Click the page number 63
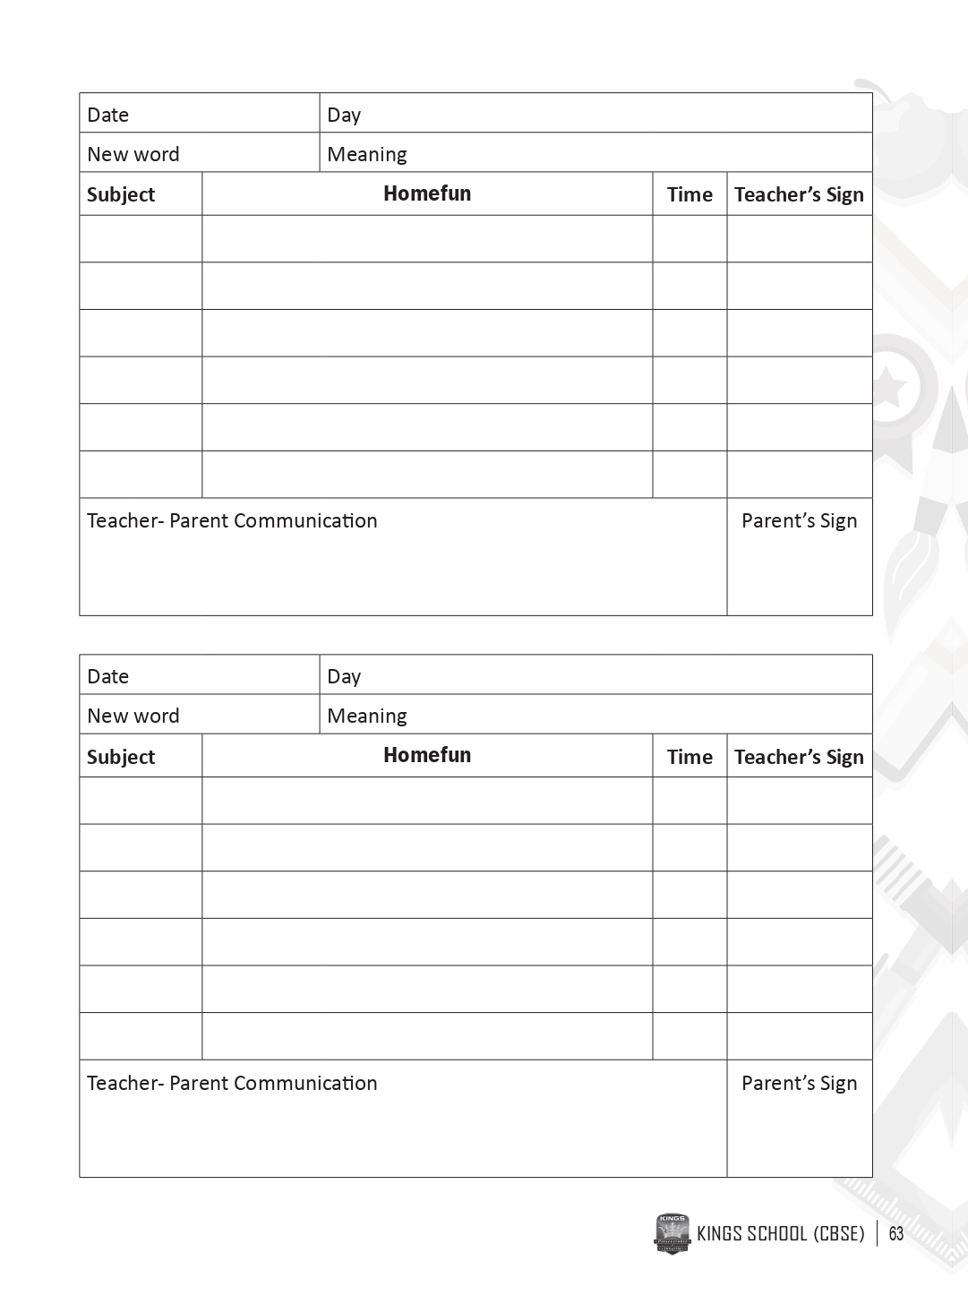coord(895,1234)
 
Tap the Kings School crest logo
coord(672,1233)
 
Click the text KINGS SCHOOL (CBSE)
coord(780,1234)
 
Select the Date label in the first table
coord(107,115)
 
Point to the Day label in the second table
coord(344,676)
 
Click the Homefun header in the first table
coord(427,193)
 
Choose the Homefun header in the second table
coord(427,755)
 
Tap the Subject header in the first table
coord(121,194)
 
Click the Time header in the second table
coord(690,757)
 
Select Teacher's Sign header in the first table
coord(799,194)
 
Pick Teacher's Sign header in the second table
coord(799,757)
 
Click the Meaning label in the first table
coord(367,154)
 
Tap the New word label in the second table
coord(133,716)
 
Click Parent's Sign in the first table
coord(799,520)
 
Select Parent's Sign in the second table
coord(799,1083)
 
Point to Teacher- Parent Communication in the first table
coord(232,520)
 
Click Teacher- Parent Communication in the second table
coord(232,1083)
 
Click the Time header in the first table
coord(690,194)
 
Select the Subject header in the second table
coord(121,757)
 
